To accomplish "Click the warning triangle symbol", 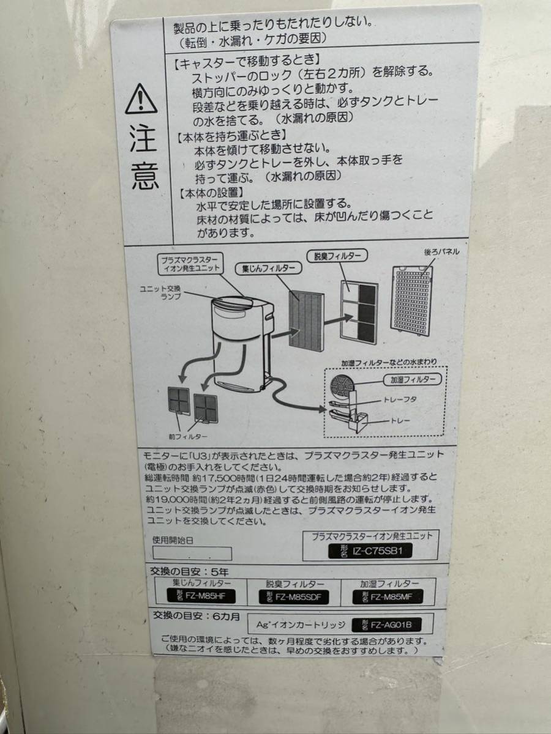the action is point(141,99).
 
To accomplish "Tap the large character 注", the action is point(143,138).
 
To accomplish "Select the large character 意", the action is point(145,177).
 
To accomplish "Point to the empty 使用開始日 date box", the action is point(192,553).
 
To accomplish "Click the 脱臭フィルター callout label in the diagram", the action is point(337,256).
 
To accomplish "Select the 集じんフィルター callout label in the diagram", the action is point(268,269).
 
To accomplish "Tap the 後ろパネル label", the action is point(441,252).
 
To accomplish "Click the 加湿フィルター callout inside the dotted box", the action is point(412,380).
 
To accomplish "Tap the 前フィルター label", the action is point(188,436).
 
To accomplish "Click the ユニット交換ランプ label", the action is point(160,292).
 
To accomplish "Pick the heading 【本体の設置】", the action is point(210,193).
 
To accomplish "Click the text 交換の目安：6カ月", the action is point(197,615).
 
